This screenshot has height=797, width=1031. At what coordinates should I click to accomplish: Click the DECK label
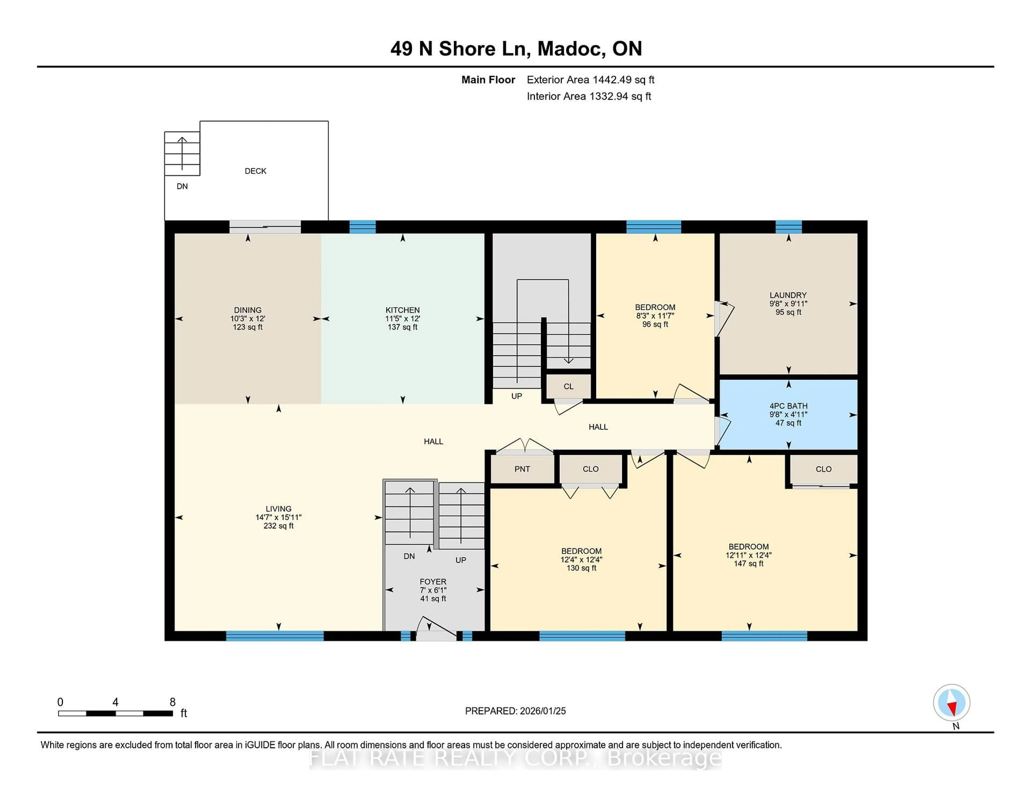click(x=255, y=171)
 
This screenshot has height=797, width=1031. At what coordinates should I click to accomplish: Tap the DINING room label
click(x=247, y=310)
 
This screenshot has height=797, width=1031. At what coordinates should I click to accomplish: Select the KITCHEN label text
click(x=402, y=310)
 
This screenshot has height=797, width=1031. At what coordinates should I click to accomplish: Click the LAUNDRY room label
click(x=788, y=295)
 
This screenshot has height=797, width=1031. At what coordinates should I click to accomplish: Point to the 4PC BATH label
click(x=788, y=406)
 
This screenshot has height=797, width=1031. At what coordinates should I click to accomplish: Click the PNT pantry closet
click(x=522, y=469)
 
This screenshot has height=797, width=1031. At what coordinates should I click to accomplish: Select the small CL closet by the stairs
click(x=568, y=386)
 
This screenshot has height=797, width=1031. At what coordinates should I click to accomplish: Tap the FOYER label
click(x=433, y=582)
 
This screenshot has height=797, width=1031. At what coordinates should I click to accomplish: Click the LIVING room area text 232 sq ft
click(x=278, y=526)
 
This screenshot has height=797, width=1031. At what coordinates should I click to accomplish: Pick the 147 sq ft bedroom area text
click(x=748, y=564)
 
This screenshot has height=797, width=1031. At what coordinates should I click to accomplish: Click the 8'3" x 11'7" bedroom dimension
click(x=655, y=316)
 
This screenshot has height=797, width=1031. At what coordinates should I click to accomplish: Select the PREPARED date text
click(x=515, y=711)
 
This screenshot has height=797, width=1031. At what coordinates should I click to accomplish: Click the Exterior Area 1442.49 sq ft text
click(x=590, y=80)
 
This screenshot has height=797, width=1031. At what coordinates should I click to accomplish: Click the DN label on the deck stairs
click(x=182, y=187)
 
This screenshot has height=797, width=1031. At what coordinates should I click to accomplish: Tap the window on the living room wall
click(x=275, y=636)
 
